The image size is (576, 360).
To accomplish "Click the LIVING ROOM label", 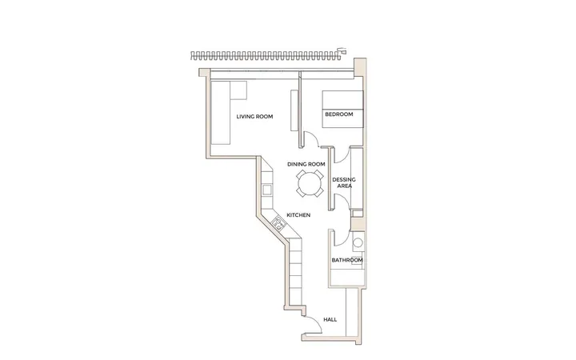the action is pos(254,117).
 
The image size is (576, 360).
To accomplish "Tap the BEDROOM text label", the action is pos(339,114).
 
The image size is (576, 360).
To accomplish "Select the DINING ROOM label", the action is pos(306,164).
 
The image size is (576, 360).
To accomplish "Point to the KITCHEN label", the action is pos(298,215).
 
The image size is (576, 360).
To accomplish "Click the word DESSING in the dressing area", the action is pos(344,180).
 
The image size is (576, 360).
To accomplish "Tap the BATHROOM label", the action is pos(347,260).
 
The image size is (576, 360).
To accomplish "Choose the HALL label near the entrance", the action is pos(330,319).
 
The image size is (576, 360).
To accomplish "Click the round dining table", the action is pos(310,183).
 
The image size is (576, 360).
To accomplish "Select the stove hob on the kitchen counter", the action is pos(278,224).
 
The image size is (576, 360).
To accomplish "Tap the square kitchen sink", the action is pos(266,190).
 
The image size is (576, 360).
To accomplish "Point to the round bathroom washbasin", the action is pos(358,242).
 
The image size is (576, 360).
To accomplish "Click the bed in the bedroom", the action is pos(342,109).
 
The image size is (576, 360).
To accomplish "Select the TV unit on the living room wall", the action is pos(294,110).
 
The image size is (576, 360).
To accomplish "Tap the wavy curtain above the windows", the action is pos(266,56).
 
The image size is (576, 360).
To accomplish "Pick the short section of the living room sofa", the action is pos(238,90).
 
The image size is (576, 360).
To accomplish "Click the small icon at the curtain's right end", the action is pos(342,50).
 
